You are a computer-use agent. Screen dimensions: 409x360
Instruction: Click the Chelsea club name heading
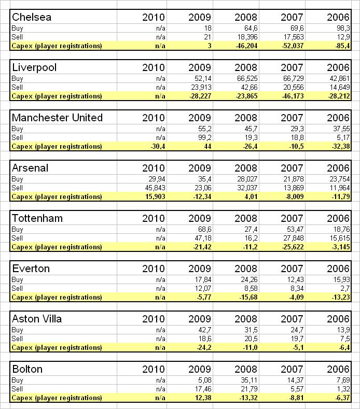[32, 17]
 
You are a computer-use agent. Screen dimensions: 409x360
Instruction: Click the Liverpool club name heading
[34, 67]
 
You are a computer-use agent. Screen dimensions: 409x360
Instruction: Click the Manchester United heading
[57, 118]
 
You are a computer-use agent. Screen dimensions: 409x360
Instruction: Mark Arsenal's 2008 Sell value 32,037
[246, 188]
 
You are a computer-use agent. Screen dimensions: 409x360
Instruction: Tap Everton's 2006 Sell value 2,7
[344, 288]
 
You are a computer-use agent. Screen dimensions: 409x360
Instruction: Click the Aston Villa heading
[36, 319]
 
